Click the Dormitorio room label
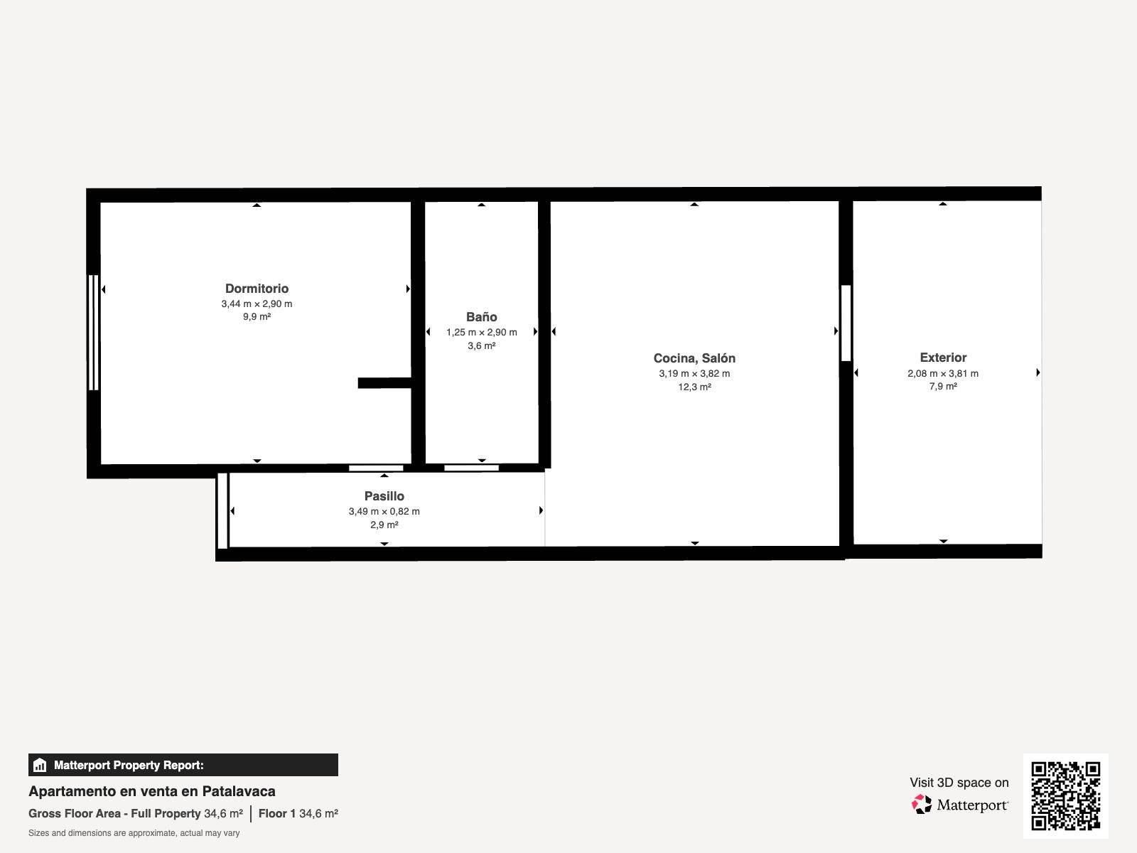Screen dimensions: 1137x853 [x=257, y=289]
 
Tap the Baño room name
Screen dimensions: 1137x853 [x=481, y=317]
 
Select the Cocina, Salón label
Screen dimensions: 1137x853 [x=694, y=358]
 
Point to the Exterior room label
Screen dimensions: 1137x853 [x=943, y=358]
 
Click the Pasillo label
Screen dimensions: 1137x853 [x=384, y=496]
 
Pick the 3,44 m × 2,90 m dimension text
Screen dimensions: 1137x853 [x=257, y=304]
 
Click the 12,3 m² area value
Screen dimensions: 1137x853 [x=694, y=387]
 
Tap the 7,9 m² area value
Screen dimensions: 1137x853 [x=943, y=387]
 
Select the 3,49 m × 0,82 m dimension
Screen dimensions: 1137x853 [x=384, y=512]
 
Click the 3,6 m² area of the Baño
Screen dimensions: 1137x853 [x=481, y=345]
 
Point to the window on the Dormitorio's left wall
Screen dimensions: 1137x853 [x=94, y=333]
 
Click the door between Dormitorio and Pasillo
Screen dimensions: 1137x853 [x=376, y=468]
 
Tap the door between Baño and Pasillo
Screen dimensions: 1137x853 [x=471, y=468]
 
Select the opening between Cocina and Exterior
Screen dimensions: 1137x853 [x=846, y=323]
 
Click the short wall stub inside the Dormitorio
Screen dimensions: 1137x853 [x=385, y=383]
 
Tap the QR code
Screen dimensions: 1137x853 [x=1065, y=796]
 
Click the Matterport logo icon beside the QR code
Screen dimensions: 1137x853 [x=922, y=805]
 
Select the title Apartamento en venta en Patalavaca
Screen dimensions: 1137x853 [x=152, y=791]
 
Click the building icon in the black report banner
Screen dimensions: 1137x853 [x=40, y=765]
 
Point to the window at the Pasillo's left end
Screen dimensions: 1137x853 [x=222, y=510]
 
